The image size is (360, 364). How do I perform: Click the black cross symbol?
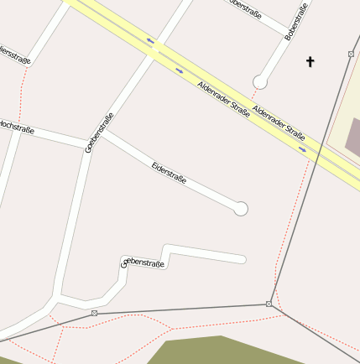coord(310,61)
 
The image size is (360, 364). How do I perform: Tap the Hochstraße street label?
coord(14,126)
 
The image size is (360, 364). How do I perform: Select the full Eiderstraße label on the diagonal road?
coord(169,173)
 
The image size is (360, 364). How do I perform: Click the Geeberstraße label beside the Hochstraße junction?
coord(99,133)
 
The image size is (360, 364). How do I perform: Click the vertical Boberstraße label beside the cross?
coord(296,22)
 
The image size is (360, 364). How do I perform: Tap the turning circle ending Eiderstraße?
coord(241,209)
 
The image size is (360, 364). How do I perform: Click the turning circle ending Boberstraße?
coord(260,82)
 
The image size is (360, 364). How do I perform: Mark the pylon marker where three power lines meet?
coord(269,304)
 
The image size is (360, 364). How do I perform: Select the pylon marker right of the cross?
coord(351,54)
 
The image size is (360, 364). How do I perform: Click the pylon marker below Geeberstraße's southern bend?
coord(94,313)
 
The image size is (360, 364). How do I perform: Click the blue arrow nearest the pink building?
coord(302,149)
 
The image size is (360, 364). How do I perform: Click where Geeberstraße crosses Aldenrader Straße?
coord(154,49)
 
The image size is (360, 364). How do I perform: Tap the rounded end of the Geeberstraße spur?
coord(243,258)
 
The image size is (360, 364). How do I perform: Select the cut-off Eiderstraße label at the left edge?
coord(16,59)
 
